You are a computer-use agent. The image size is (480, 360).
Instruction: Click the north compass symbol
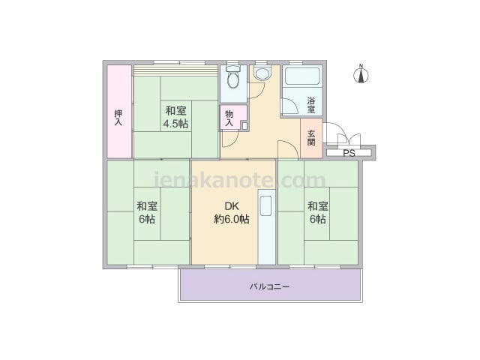point(361,73)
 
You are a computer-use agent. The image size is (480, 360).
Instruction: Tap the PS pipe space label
point(349,153)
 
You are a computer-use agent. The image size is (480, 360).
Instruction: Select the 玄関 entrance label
point(311,138)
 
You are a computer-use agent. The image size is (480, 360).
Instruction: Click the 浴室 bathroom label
point(311,105)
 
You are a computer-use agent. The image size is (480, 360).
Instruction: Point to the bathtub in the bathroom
point(302,76)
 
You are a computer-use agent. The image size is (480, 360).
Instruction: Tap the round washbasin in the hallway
point(262,73)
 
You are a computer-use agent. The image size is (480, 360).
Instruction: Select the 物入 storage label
point(229,118)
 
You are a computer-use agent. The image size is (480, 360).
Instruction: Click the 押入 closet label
point(118,118)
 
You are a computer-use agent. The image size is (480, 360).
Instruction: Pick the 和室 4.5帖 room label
point(175,117)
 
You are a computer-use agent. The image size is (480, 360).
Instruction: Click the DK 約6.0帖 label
point(232,212)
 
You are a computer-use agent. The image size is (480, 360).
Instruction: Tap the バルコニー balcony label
point(269,286)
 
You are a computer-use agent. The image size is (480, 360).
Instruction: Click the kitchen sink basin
point(265,205)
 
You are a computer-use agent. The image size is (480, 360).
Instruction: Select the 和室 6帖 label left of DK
point(147,212)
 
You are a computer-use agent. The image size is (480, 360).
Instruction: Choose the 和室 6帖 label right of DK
point(318,212)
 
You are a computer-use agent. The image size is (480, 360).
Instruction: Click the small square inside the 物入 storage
point(244,125)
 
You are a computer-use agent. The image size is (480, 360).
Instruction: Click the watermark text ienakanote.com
point(239,180)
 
